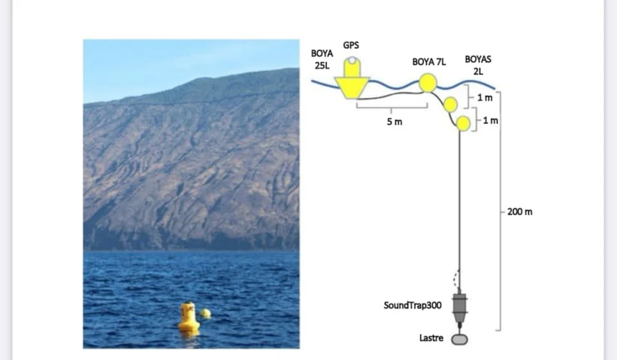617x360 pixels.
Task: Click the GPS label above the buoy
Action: [x=351, y=45]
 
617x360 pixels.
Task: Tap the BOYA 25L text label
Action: [x=321, y=59]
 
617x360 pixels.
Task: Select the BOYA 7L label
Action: [x=429, y=62]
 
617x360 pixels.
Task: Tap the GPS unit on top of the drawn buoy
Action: [x=352, y=67]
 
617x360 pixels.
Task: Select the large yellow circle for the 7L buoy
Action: [x=428, y=83]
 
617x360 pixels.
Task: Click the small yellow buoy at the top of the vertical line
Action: [x=463, y=123]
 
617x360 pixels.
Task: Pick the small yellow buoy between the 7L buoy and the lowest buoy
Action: [x=451, y=104]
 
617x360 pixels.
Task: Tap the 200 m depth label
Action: [x=519, y=212]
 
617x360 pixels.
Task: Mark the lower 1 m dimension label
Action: [x=490, y=120]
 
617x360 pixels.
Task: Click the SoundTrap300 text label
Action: [x=413, y=305]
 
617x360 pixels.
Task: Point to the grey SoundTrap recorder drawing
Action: [x=460, y=307]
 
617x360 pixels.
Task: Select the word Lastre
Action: [x=431, y=337]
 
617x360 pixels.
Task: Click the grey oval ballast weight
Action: [x=460, y=339]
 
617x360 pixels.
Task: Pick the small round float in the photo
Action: [x=205, y=313]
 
